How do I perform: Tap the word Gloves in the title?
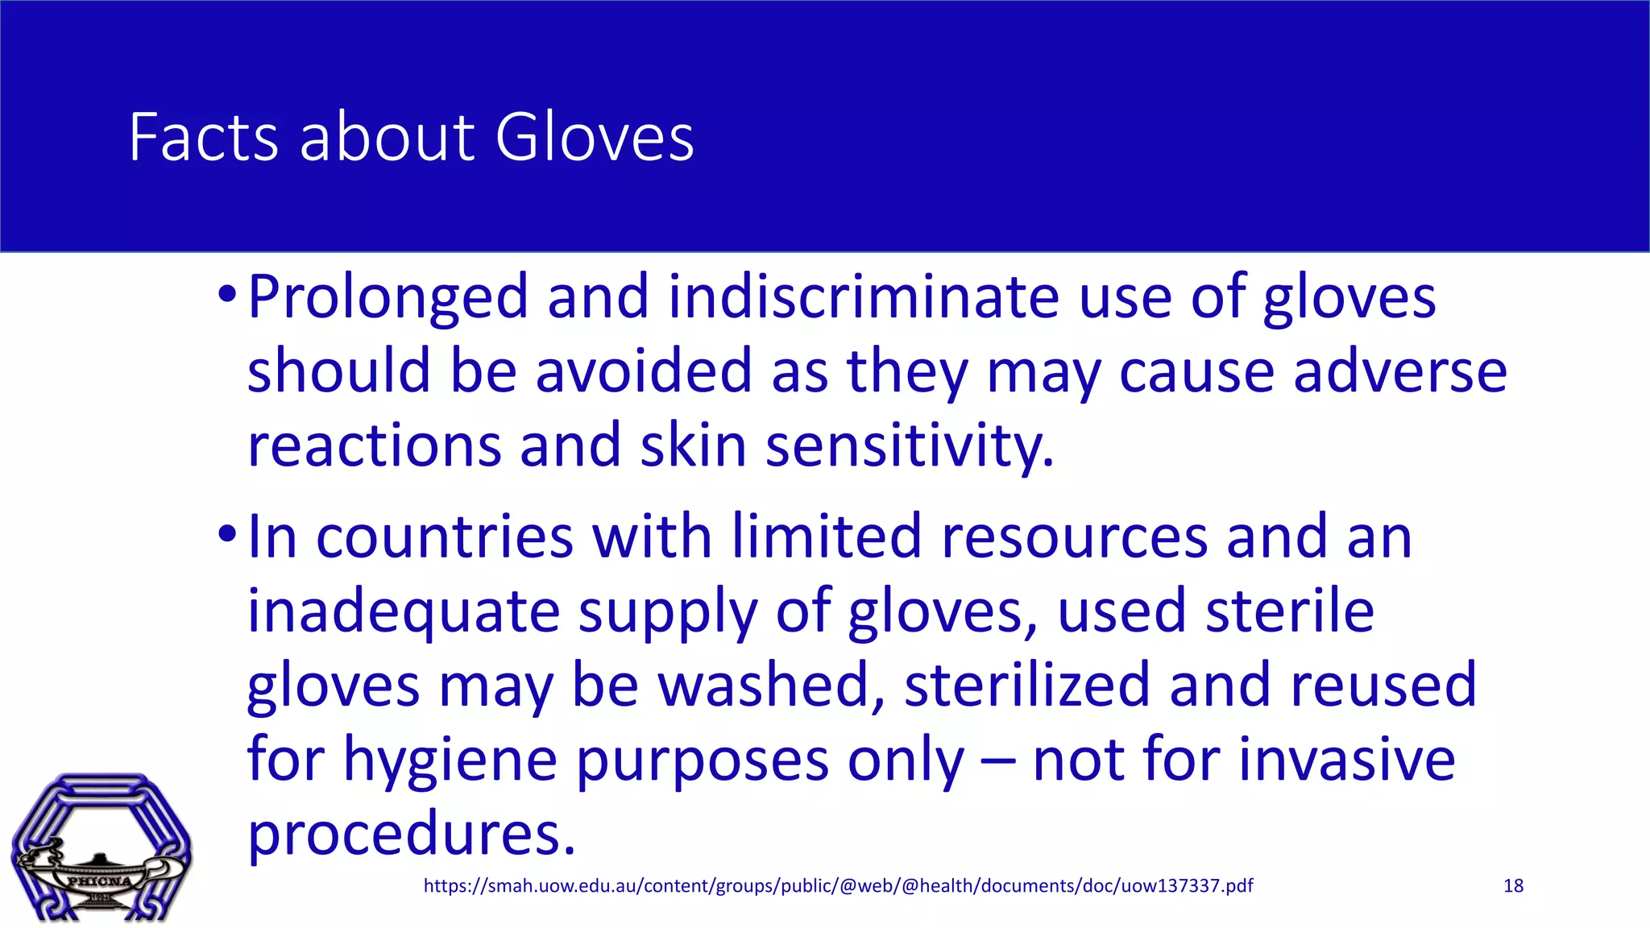click(x=594, y=138)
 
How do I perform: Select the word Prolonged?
click(x=388, y=298)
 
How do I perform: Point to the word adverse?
click(x=1400, y=371)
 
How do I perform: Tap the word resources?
click(x=1075, y=537)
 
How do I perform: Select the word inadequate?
click(x=403, y=611)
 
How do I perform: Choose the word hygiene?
click(x=450, y=760)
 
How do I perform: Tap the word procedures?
click(x=412, y=834)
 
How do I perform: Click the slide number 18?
click(x=1513, y=886)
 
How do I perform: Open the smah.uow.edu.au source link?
click(x=838, y=886)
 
